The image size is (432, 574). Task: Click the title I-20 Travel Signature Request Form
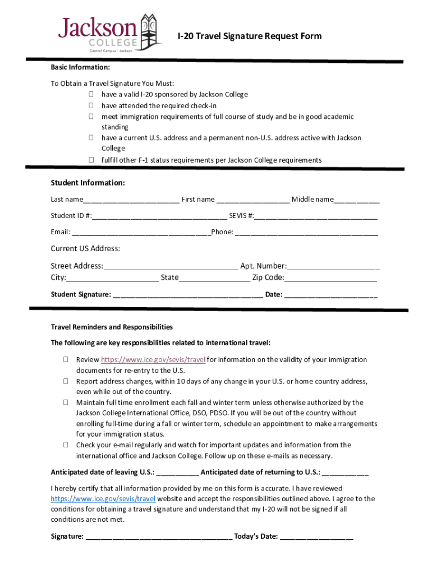[250, 36]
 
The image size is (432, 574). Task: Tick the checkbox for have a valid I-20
[90, 95]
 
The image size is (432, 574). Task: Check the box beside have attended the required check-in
[90, 105]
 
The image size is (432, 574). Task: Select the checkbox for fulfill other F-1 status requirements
[90, 160]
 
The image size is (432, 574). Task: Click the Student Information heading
[88, 183]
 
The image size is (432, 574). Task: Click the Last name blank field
[131, 201]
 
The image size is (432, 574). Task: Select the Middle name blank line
[357, 201]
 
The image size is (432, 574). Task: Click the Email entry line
[141, 233]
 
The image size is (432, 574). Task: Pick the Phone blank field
[306, 233]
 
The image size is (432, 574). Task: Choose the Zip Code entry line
[330, 279]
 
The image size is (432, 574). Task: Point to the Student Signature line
[188, 295]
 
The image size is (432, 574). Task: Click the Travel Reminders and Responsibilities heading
[112, 327]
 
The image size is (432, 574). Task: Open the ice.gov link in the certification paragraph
[103, 499]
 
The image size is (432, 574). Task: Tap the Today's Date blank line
[316, 538]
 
